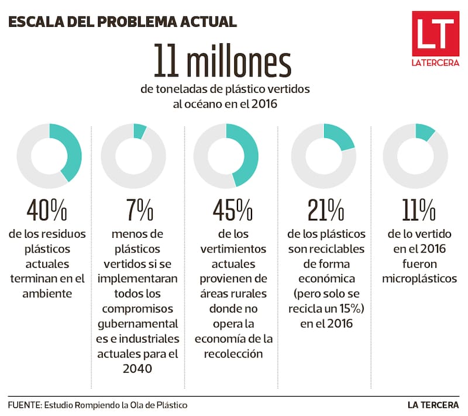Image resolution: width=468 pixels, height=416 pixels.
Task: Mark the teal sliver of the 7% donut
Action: point(140,131)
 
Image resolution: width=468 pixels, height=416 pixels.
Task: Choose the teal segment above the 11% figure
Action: point(426,131)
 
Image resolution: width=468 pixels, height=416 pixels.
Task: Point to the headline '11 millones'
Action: point(222,61)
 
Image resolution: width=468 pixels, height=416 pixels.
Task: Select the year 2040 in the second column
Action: point(139,369)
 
